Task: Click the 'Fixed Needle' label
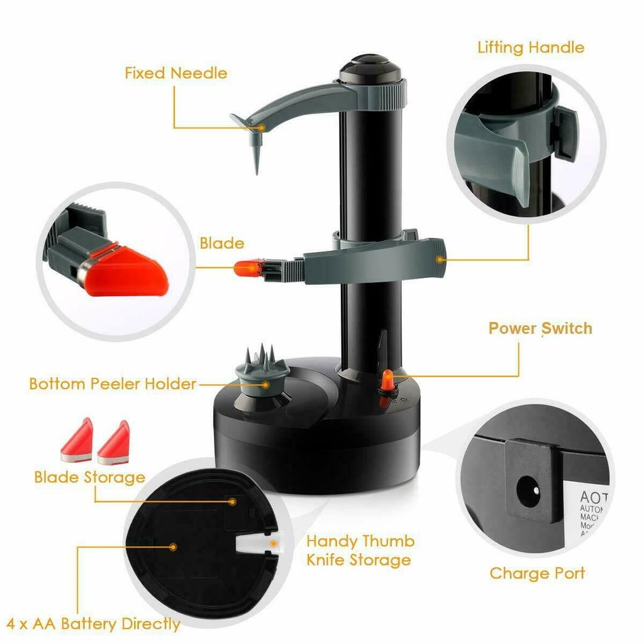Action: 175,73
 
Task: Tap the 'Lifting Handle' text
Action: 530,48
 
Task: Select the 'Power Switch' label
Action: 540,328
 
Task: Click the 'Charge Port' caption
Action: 536,574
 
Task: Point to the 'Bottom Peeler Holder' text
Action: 113,384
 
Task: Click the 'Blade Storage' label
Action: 89,477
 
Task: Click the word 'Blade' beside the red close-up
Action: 221,243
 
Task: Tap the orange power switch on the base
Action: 387,380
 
